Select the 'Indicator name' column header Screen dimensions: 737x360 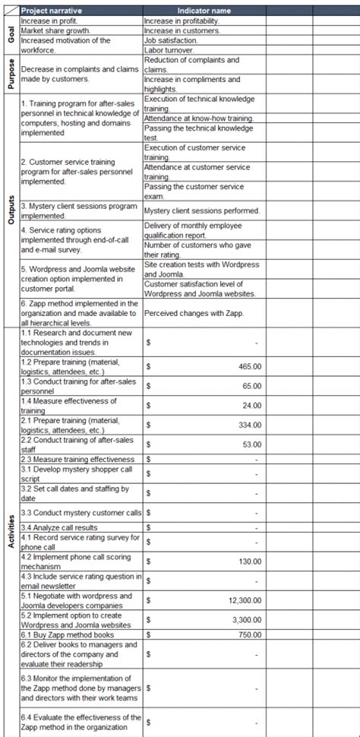point(204,11)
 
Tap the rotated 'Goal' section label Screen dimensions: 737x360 point(10,36)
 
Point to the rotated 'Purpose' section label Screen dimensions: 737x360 point(10,74)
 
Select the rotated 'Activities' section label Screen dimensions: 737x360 point(10,530)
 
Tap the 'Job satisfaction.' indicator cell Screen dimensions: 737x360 point(174,40)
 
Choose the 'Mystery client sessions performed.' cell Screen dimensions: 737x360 point(201,210)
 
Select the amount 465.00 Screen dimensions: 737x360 point(250,366)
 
